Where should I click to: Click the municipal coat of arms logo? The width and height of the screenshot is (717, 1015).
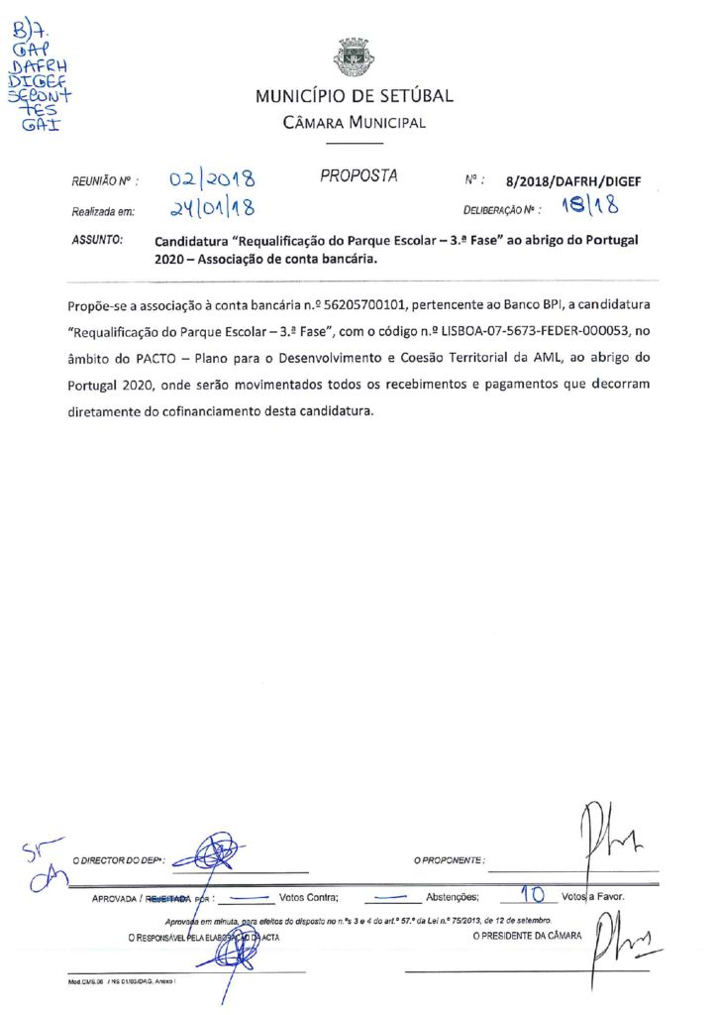click(355, 57)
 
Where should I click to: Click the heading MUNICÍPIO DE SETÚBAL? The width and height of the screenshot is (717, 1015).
click(355, 97)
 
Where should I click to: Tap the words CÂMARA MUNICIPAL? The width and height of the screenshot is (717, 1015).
click(355, 123)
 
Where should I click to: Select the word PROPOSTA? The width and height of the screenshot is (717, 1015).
click(358, 176)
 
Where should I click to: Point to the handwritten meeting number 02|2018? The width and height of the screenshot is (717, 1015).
click(212, 180)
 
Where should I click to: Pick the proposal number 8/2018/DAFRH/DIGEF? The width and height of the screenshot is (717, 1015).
click(573, 182)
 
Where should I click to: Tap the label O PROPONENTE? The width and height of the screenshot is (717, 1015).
click(449, 859)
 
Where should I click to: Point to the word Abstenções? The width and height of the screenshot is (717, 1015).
click(453, 896)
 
